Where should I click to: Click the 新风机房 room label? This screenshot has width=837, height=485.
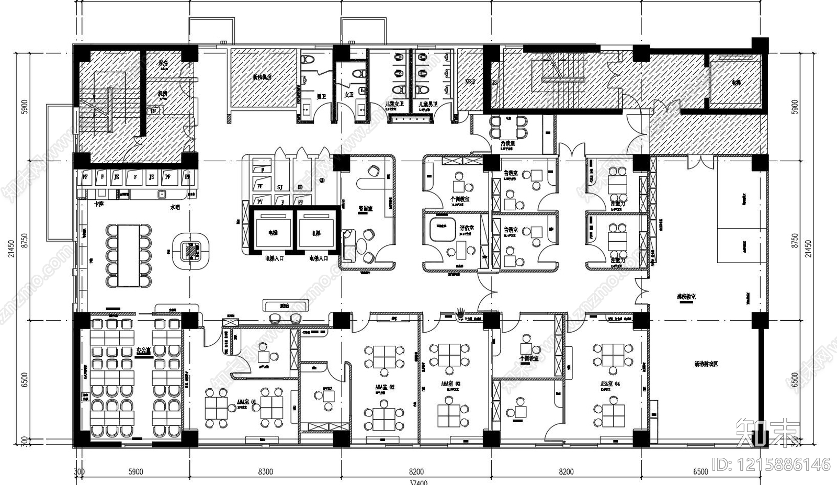click(x=262, y=77)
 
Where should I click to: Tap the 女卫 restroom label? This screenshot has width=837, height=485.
click(x=349, y=95)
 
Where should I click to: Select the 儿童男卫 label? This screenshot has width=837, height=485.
click(x=427, y=104)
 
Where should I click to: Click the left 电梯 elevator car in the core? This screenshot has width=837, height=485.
click(x=273, y=232)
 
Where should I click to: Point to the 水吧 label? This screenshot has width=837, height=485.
click(x=175, y=207)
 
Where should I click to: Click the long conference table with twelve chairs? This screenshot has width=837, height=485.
click(x=129, y=256)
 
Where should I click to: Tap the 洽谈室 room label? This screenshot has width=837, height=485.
click(x=507, y=143)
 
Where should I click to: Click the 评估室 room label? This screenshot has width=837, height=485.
click(x=467, y=228)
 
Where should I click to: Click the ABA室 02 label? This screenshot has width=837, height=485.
click(x=384, y=387)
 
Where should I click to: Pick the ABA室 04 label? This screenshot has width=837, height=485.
click(x=610, y=384)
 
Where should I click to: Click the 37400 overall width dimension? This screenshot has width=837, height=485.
click(x=418, y=482)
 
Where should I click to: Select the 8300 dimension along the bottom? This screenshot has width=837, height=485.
click(x=265, y=471)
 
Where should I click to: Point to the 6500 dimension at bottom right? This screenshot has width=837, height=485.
click(x=700, y=471)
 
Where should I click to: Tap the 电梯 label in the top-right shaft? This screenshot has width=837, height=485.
click(x=736, y=83)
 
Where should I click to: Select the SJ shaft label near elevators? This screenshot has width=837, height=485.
click(x=280, y=187)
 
